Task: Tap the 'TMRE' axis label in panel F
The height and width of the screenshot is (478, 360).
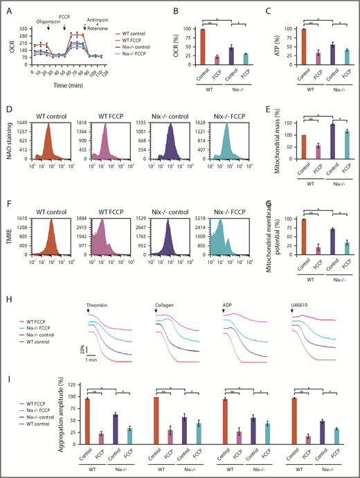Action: pos(9,237)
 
